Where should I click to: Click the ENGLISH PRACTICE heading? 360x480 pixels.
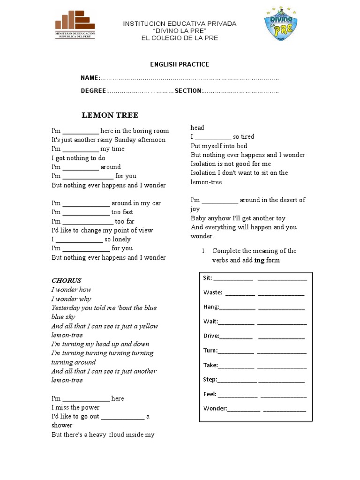click(x=180, y=64)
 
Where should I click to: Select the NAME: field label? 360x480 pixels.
click(x=90, y=77)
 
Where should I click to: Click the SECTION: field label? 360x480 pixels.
click(x=188, y=90)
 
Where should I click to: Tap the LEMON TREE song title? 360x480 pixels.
click(x=110, y=115)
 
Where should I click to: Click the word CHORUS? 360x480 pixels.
click(x=66, y=280)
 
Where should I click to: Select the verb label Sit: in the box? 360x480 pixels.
click(x=208, y=277)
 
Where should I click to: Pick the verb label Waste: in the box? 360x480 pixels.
click(x=213, y=292)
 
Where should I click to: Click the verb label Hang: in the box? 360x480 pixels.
click(x=211, y=307)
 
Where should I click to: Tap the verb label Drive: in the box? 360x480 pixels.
click(x=211, y=336)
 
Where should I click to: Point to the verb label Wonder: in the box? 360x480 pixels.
click(x=215, y=408)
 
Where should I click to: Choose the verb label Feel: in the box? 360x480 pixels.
click(x=210, y=394)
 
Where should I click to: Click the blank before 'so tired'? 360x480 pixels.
click(x=213, y=137)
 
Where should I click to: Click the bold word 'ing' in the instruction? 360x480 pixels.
click(x=259, y=260)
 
